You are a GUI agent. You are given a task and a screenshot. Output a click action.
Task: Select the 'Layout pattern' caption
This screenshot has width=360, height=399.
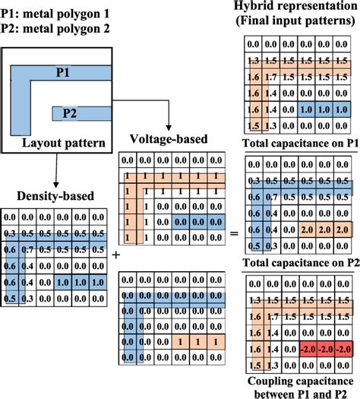point(63,142)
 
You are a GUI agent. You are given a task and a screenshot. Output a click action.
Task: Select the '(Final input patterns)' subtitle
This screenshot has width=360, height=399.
point(296,23)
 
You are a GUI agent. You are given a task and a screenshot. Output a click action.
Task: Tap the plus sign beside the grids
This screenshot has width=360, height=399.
point(115,255)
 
